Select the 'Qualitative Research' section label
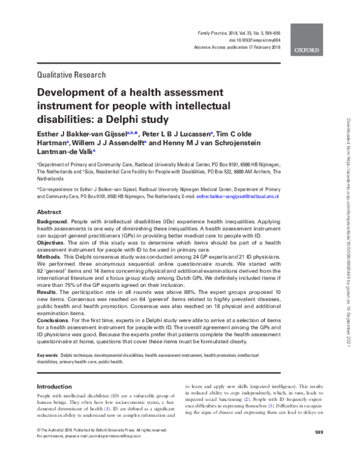(x=71, y=75)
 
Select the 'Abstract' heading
(x=49, y=212)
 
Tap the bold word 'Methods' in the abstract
(x=50, y=257)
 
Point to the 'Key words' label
(x=47, y=356)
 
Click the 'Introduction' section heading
(x=58, y=386)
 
